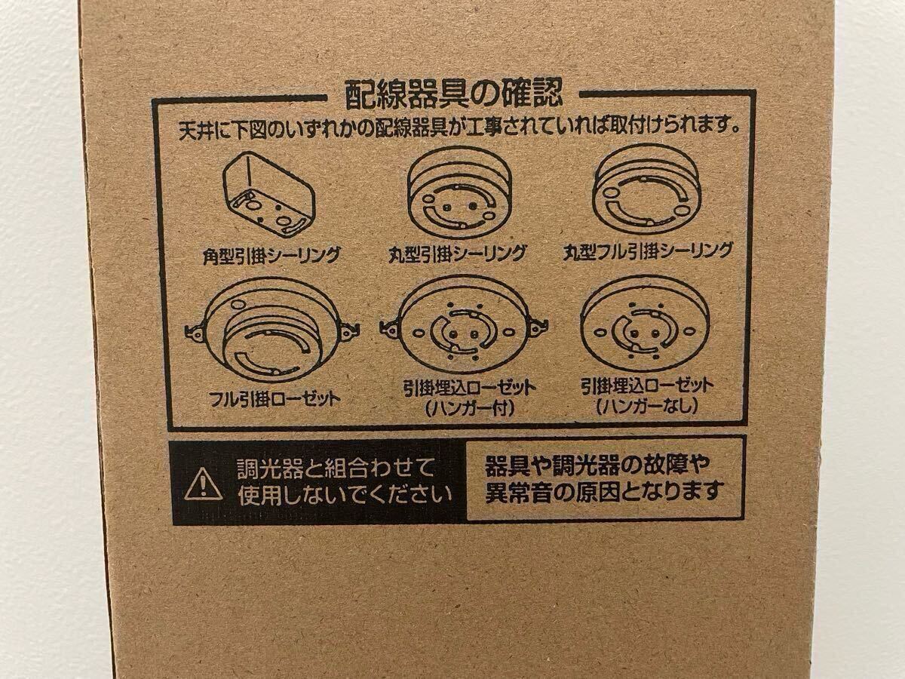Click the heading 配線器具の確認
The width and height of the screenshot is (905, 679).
click(453, 94)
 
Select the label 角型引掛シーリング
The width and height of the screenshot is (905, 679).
click(271, 256)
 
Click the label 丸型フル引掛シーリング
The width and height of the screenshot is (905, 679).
click(648, 251)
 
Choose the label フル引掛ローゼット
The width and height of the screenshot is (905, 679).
click(275, 400)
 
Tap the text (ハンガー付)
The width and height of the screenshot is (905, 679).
click(470, 409)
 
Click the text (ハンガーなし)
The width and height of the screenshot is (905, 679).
click(647, 407)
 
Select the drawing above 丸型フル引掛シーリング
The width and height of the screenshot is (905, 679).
click(647, 191)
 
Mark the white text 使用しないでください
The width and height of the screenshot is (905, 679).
click(345, 495)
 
